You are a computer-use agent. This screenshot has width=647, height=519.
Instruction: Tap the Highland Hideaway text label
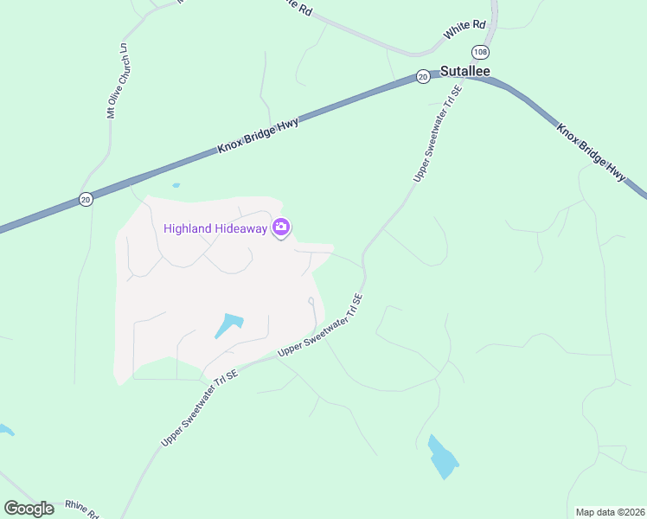tap(215, 228)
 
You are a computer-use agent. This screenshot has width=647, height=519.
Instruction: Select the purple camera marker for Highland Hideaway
tap(280, 227)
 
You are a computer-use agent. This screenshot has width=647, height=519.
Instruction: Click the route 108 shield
tap(480, 51)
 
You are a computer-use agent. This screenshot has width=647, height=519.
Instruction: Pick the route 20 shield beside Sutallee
tap(422, 76)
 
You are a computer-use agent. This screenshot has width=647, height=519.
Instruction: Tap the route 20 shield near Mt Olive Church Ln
tap(85, 199)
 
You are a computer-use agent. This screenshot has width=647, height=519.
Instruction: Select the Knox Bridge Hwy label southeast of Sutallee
tap(591, 153)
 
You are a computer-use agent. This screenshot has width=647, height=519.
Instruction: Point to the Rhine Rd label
tap(82, 510)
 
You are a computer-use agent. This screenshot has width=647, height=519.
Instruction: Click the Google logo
tap(29, 508)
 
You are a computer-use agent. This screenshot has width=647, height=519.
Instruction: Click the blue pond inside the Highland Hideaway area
tap(228, 325)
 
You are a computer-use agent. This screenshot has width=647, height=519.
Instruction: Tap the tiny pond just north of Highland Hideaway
tap(176, 184)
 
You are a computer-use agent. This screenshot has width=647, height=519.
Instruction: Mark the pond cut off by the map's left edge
tap(4, 429)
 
